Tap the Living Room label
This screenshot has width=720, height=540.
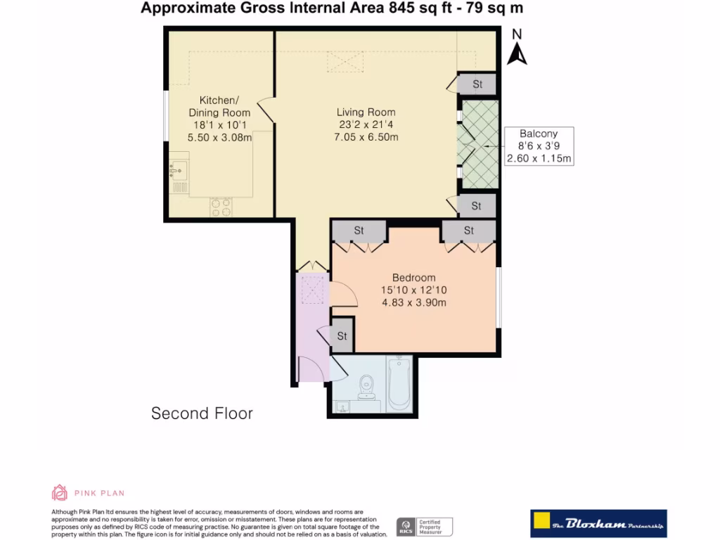point(366,112)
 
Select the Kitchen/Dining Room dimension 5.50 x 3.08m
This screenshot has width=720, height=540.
point(220,138)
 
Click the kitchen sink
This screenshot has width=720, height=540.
point(178,169)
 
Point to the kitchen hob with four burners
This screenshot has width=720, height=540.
point(221,207)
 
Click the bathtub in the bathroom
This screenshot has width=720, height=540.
point(399,384)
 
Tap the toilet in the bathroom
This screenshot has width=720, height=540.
point(366,385)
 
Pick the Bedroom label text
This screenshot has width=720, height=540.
point(413,278)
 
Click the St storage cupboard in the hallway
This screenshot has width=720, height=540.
point(342,336)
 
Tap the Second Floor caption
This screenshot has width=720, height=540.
point(202,413)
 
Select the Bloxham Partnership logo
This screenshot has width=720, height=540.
point(598,524)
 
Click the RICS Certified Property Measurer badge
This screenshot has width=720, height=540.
point(425,526)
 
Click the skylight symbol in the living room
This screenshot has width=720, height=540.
point(344,63)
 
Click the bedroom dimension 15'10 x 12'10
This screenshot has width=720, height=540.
point(414,290)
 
